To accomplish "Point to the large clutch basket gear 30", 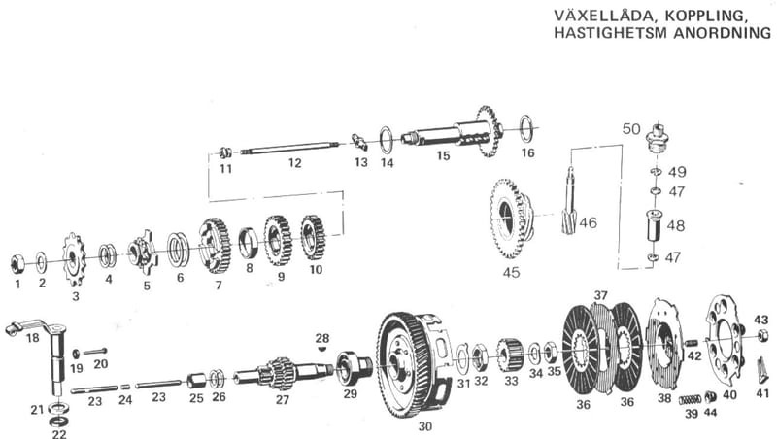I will [405, 363].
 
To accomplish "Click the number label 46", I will [589, 223].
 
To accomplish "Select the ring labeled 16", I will [526, 127].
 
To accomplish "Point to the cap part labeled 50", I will [659, 137].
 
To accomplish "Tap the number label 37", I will [601, 295].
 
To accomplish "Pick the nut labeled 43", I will [762, 336].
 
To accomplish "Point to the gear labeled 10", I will [313, 237].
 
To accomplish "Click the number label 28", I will [322, 337].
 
